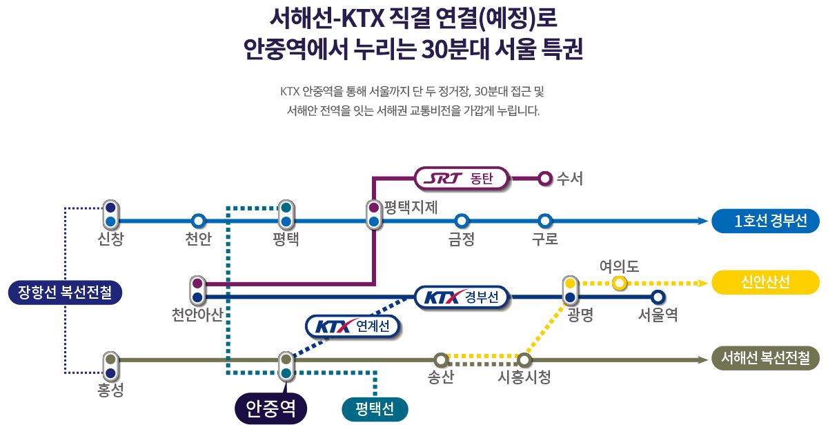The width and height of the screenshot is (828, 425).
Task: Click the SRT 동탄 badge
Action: pos(462,179)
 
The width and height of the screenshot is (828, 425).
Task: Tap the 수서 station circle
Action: pos(545,179)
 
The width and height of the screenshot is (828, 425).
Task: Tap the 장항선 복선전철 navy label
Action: pos(66,292)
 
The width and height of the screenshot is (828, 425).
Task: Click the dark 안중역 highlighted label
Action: pos(270,408)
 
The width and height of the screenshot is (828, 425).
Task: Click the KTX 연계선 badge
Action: pos(353,326)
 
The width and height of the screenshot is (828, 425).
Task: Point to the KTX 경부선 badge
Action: pos(462,297)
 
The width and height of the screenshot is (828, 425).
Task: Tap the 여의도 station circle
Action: pos(619,283)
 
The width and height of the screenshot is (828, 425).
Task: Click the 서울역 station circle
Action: pos(658,297)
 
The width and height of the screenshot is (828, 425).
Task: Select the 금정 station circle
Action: pos(462,221)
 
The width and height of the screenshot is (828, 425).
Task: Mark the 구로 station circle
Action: pos(545,221)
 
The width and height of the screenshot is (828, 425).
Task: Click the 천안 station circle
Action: pos(198,221)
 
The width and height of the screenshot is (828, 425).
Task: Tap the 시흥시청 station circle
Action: pos(524,359)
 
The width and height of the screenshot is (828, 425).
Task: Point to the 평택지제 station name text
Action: pos(411,206)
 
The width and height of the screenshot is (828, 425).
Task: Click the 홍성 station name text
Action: pos(110,390)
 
